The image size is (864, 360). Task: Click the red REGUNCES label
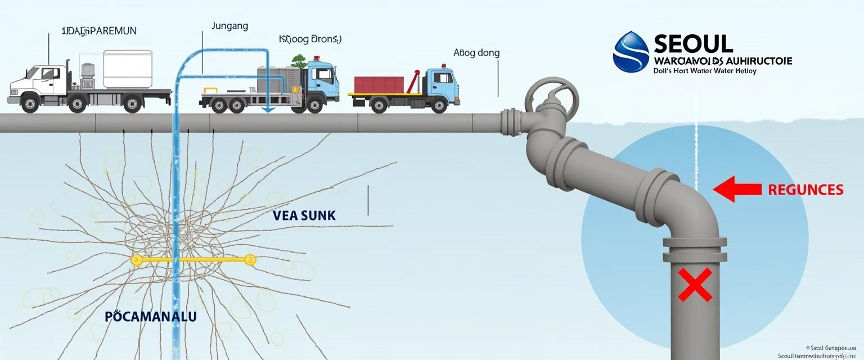click(x=805, y=190)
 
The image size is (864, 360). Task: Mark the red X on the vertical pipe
click(x=695, y=284)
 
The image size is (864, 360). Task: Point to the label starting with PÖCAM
click(x=150, y=317)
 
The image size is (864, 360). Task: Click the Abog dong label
click(x=476, y=53)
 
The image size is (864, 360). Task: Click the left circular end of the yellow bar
click(x=136, y=260)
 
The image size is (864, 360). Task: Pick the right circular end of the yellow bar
click(x=250, y=260)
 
